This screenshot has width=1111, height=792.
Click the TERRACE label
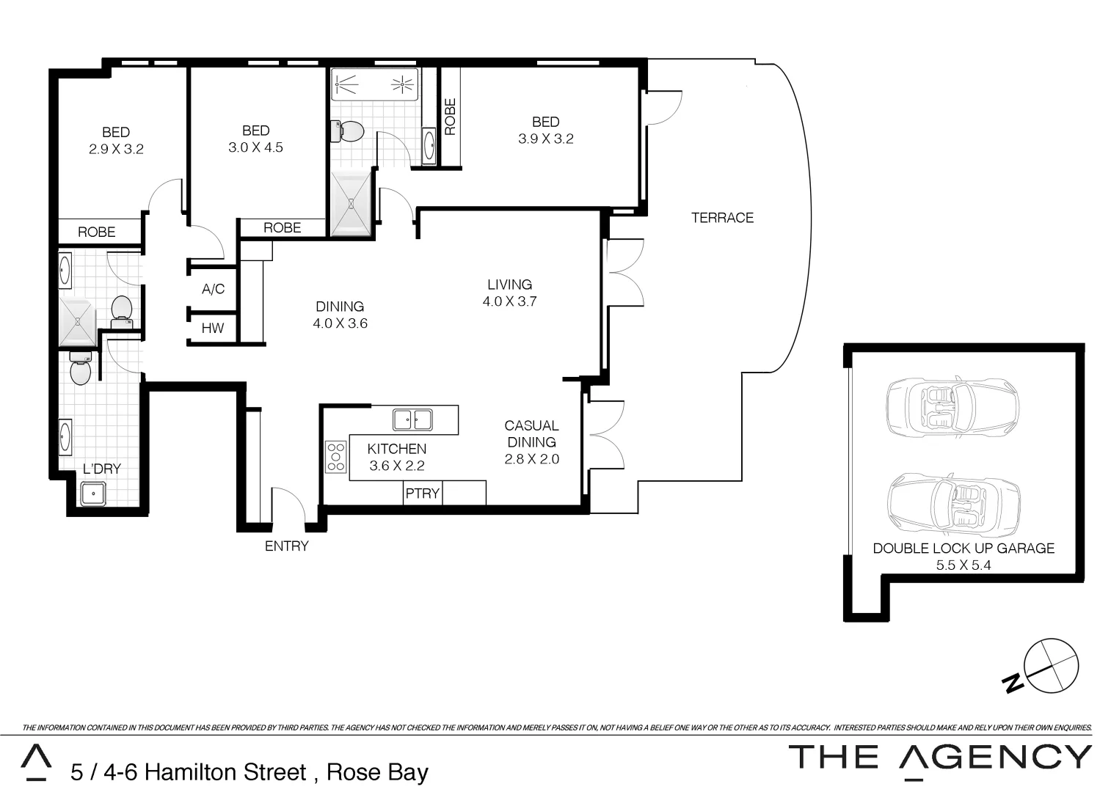click(x=722, y=218)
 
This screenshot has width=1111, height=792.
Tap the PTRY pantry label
click(x=422, y=494)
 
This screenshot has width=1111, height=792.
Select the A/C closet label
click(x=213, y=290)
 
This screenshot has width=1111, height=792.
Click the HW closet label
click(x=213, y=328)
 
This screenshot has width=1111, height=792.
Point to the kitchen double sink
click(x=412, y=419)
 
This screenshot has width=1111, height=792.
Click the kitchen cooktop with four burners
click(x=336, y=456)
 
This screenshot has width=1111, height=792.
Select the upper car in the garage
click(x=952, y=408)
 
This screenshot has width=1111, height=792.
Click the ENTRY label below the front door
click(x=286, y=546)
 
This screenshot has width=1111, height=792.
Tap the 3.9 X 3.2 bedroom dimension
click(x=545, y=139)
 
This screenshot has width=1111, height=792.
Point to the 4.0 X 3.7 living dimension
click(x=509, y=301)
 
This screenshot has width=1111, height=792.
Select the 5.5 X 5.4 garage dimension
click(x=964, y=565)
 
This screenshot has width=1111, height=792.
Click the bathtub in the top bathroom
click(x=374, y=85)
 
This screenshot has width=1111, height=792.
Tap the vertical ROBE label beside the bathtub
click(x=450, y=117)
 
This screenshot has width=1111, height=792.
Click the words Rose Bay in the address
click(x=377, y=772)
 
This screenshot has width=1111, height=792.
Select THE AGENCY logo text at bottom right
click(x=940, y=757)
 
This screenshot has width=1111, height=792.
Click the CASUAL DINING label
click(x=531, y=433)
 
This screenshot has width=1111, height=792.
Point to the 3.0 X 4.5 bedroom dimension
click(x=255, y=147)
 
